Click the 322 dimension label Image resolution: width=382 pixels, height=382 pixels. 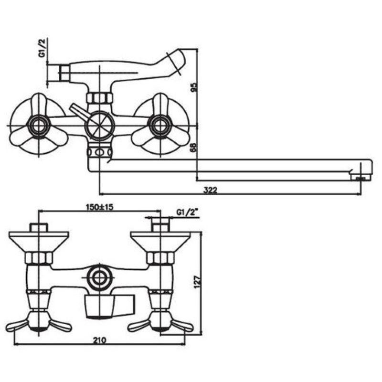[210, 190]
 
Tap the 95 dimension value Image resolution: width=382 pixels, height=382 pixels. [193, 87]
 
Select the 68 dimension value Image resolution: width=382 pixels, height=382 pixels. [193, 148]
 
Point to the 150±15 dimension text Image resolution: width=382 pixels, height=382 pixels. [100, 207]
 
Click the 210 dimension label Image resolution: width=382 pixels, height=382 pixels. [100, 340]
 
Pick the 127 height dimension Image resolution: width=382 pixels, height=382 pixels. [197, 282]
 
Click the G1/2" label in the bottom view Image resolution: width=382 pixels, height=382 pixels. [187, 212]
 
